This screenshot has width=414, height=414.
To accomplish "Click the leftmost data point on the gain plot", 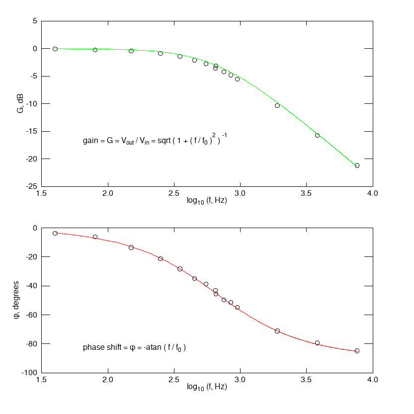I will pos(55,49).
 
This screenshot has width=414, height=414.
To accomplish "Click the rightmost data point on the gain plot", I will pos(357,166).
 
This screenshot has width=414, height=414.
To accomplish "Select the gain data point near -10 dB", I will pos(277,105).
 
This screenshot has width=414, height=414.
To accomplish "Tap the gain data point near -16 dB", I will pos(317,135).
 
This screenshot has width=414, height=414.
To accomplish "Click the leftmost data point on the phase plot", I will pos(55,233).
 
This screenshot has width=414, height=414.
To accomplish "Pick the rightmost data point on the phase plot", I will pos(357,351).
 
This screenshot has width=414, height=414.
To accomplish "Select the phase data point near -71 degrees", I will pos(277,331).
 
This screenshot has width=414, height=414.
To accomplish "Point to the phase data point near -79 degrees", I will pos(317,343).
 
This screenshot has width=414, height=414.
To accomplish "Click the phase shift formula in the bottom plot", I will pos(134,347).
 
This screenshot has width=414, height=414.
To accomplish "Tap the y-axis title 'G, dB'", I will pos(20,103).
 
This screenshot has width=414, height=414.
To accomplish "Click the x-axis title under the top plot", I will pos(207,200).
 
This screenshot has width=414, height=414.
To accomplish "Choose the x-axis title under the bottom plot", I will pos(207,387).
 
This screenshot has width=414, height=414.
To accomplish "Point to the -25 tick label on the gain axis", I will pos(31,186).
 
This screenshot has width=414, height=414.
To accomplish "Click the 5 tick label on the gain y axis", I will pos(35,21).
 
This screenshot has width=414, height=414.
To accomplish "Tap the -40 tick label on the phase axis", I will pos(31,286).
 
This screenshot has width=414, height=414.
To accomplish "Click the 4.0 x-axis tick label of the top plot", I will pos(373,193).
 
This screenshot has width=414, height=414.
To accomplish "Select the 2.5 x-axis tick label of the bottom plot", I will pos(174,380).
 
